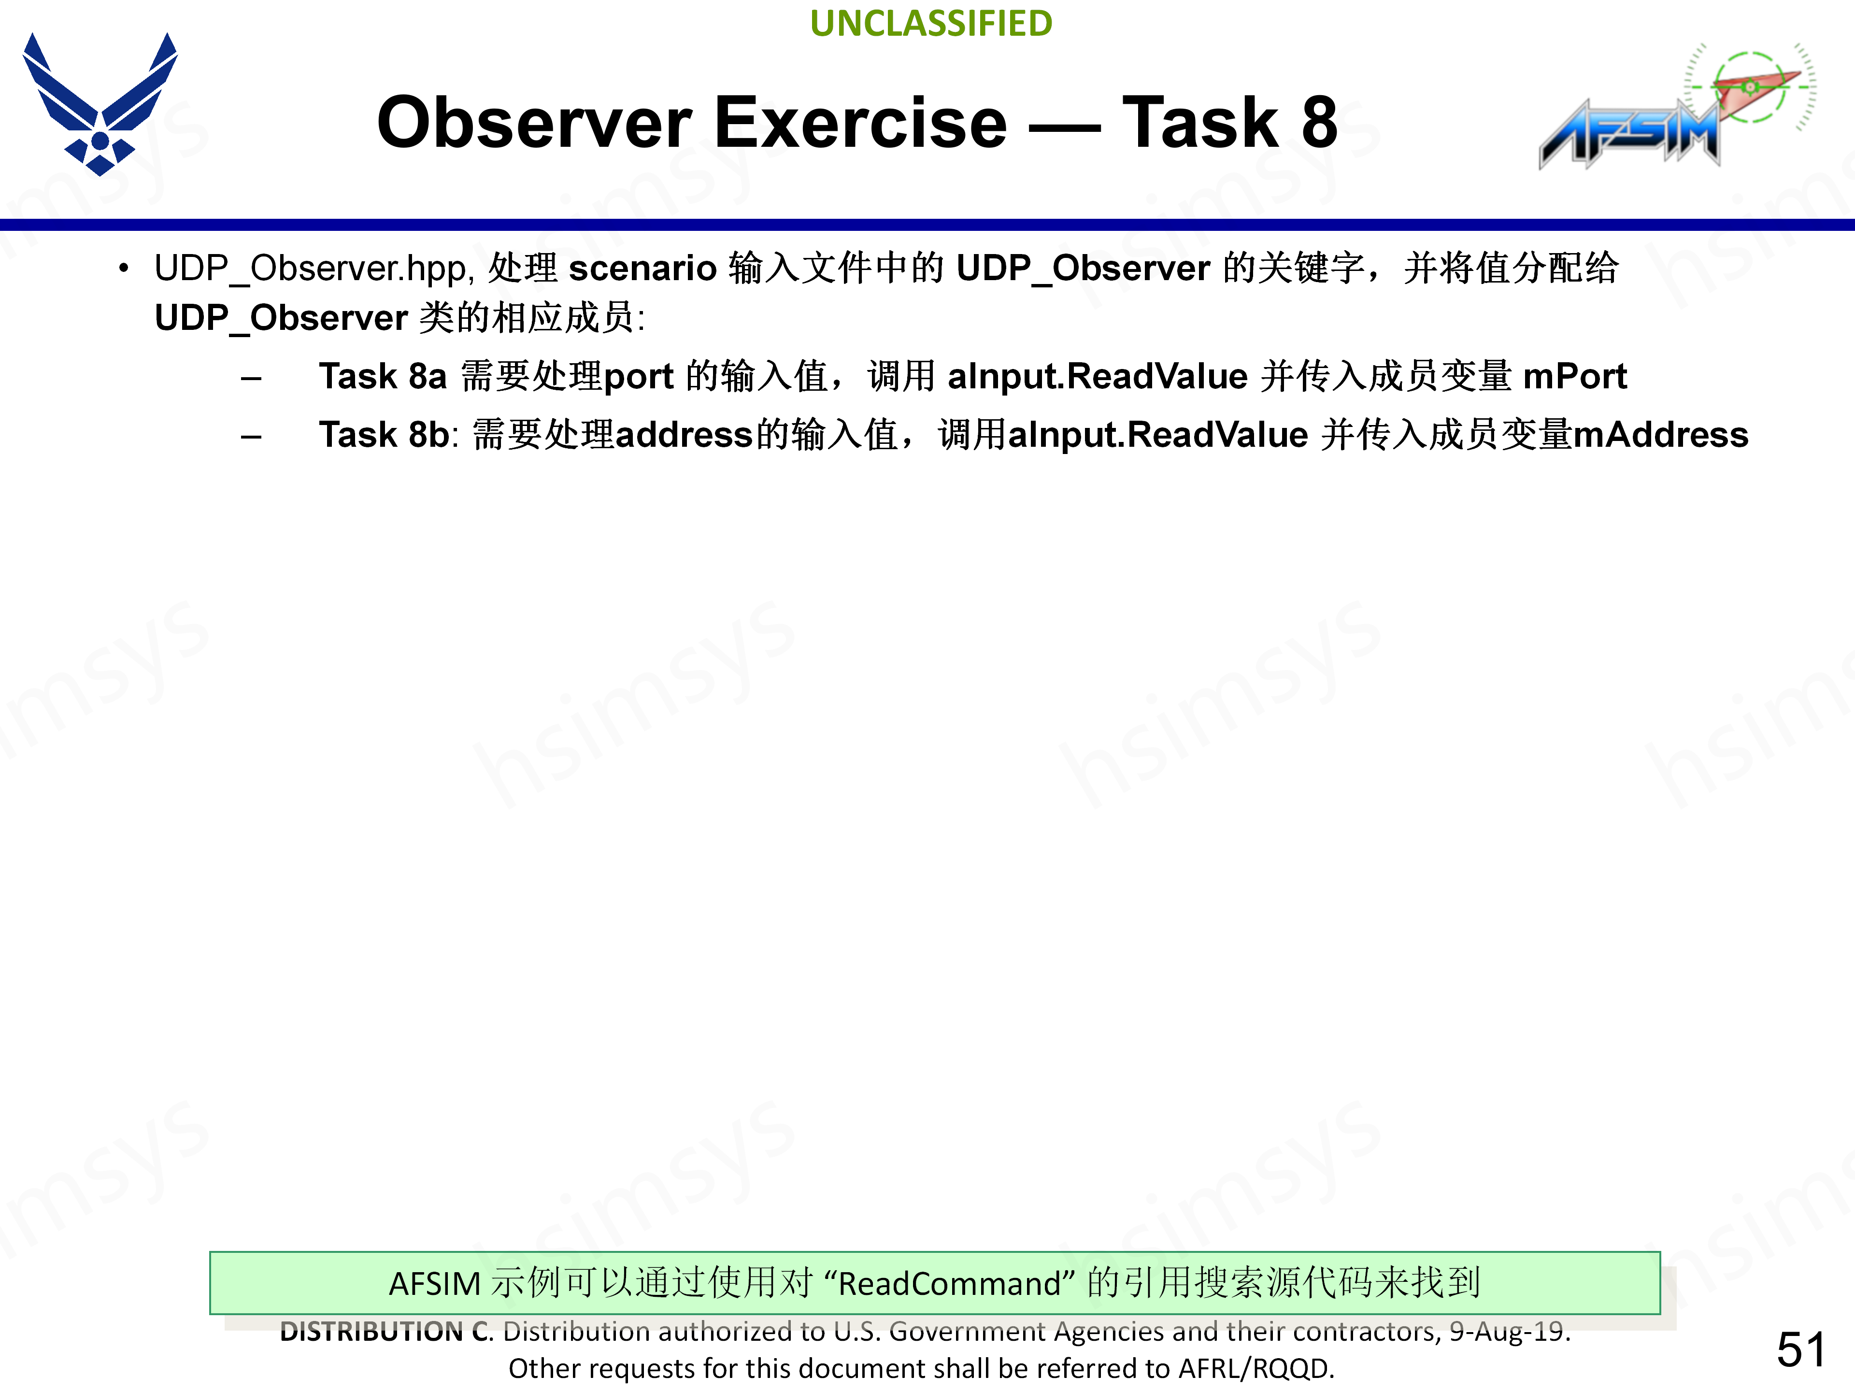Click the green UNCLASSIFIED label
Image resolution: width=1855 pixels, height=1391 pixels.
931,24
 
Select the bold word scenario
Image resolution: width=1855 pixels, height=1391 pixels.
642,269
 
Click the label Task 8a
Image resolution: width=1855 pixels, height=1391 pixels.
383,376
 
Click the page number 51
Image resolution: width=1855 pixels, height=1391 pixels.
1799,1350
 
